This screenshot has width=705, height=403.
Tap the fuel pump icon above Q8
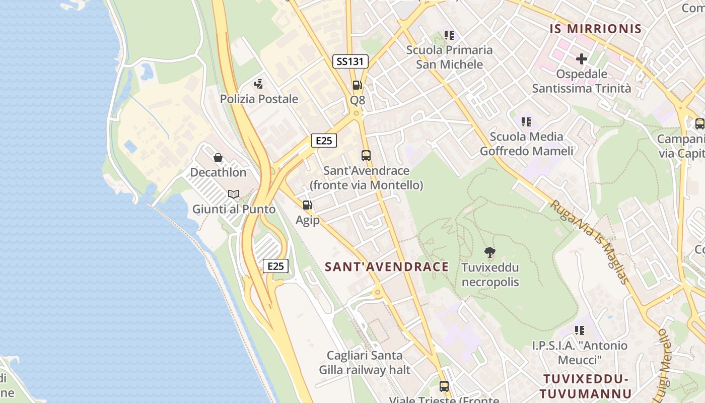pos(357,85)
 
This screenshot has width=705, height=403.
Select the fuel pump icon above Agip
pos(307,205)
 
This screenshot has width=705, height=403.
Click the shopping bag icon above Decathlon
pos(218,158)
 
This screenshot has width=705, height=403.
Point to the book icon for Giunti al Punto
pos(234,194)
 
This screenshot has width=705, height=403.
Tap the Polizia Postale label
pos(259,99)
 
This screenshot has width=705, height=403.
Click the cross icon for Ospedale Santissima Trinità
pos(582,59)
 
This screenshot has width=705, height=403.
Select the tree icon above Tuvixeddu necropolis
pos(489,252)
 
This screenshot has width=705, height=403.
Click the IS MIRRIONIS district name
pos(596,29)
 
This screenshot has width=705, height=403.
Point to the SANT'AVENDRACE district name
pos(387,266)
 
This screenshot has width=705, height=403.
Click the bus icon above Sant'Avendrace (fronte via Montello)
pos(366,156)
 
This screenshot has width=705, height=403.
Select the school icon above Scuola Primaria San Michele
pos(449,35)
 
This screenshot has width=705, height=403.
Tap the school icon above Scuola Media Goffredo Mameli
pos(526,121)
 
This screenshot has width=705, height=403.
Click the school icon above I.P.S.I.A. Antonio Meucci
pos(580,330)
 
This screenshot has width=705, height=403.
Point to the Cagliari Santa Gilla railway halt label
pos(365,363)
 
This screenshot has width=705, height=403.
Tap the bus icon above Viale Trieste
pos(444,386)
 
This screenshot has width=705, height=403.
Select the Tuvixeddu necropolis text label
pos(490,275)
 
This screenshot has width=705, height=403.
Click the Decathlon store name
pos(218,172)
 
